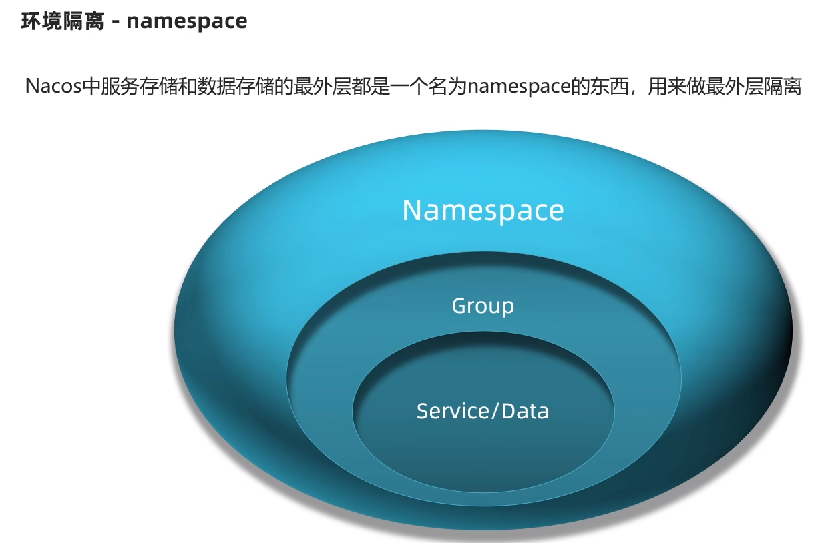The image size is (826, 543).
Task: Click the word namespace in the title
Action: pyautogui.click(x=186, y=21)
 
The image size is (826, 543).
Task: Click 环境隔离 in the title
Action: pyautogui.click(x=63, y=21)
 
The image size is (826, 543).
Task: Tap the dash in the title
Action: pyautogui.click(x=116, y=21)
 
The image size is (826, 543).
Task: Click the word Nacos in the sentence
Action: pyautogui.click(x=52, y=87)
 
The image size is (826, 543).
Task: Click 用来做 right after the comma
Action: pyautogui.click(x=676, y=87)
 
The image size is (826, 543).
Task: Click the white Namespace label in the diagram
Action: pyautogui.click(x=483, y=210)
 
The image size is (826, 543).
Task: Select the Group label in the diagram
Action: pyautogui.click(x=483, y=306)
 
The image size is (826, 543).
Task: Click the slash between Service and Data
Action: pyautogui.click(x=494, y=411)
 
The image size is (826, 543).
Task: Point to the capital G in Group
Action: pyautogui.click(x=459, y=306)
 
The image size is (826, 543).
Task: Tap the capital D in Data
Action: pyautogui.click(x=508, y=410)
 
